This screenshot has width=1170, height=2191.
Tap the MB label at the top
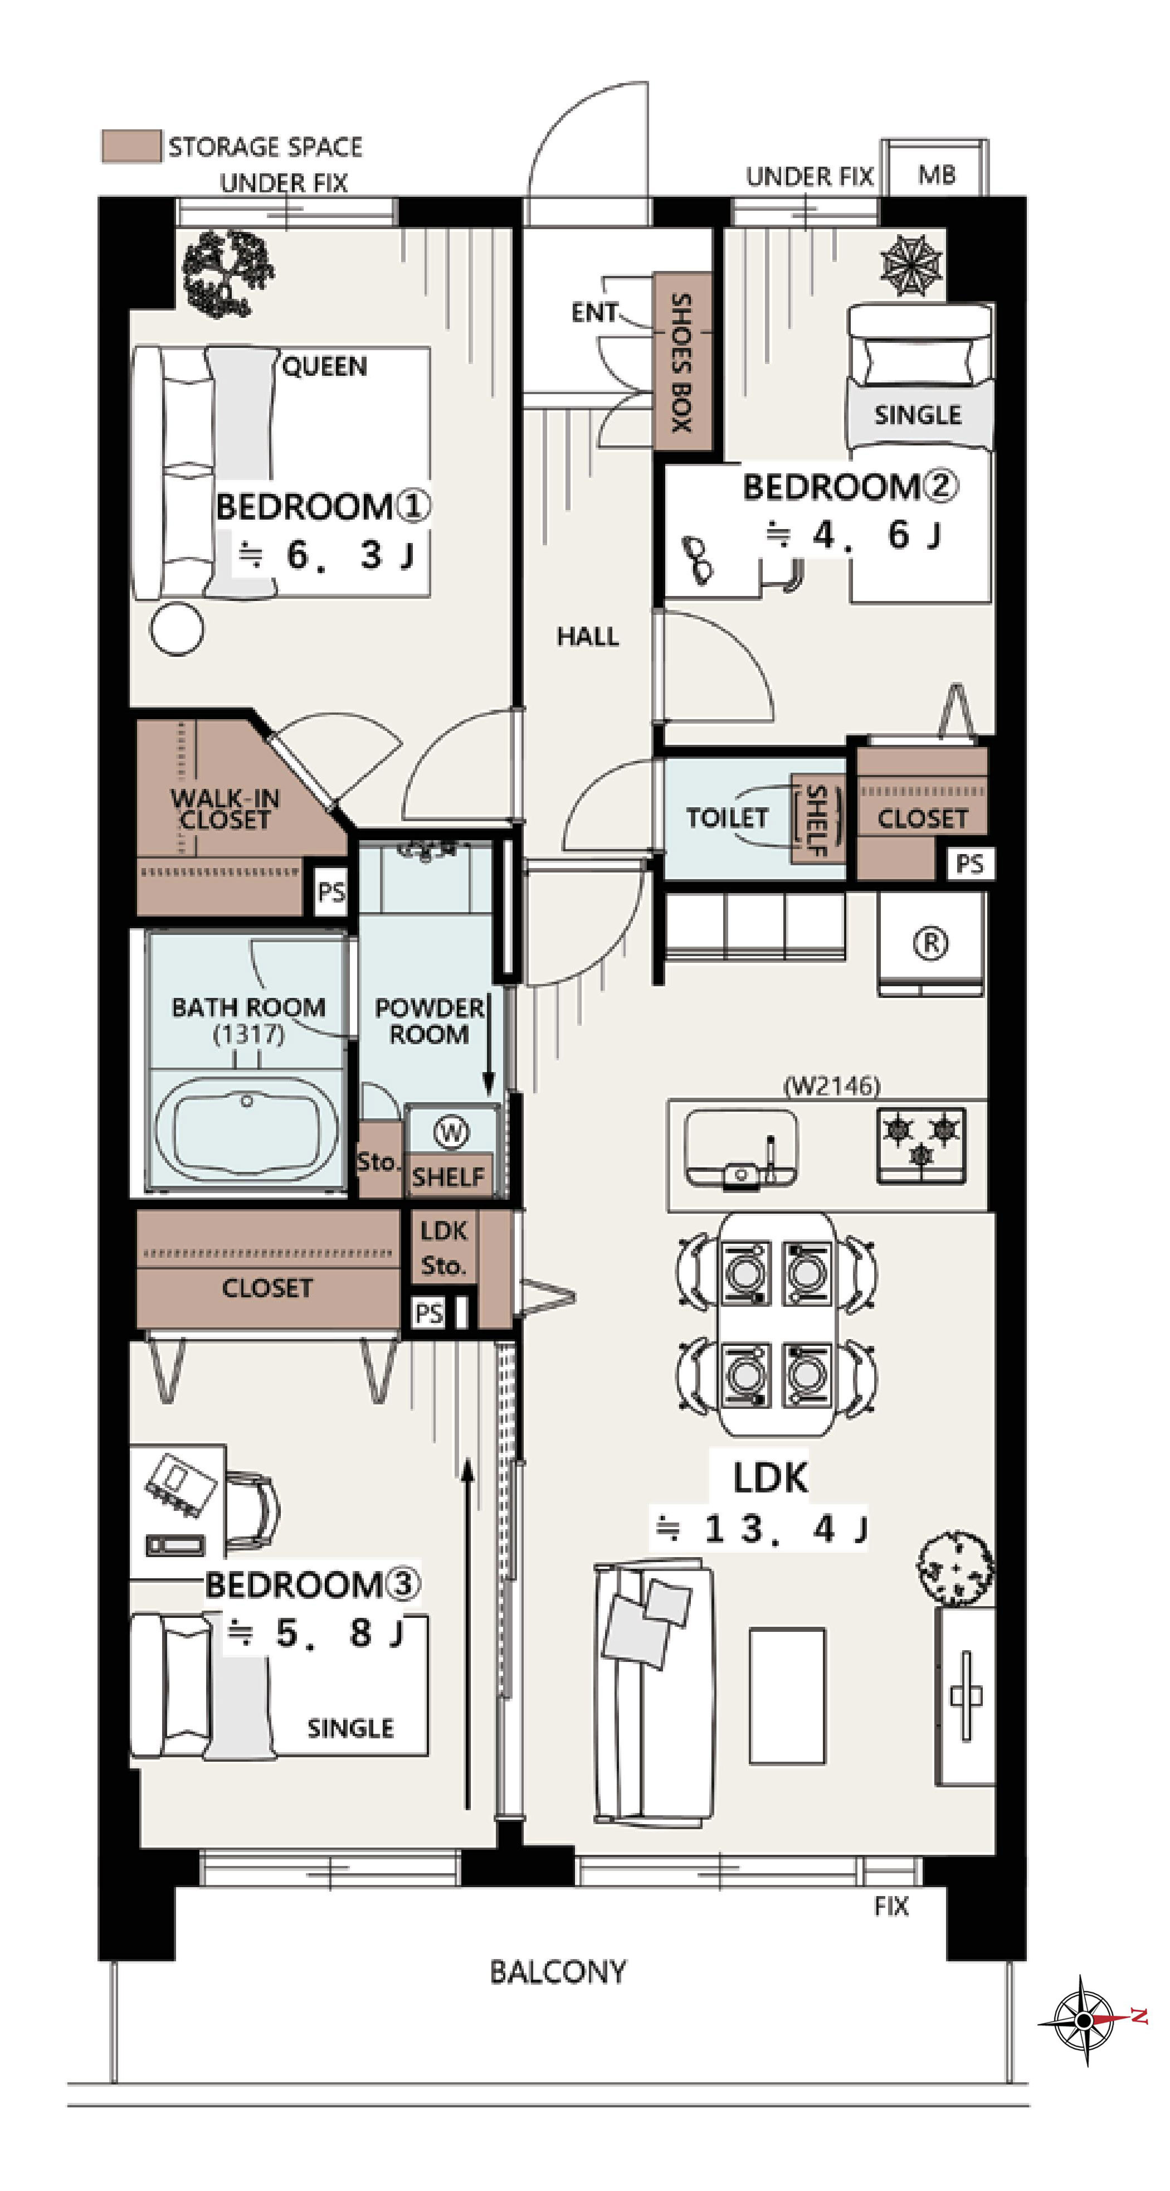click(x=936, y=175)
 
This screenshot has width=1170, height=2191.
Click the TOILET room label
click(x=727, y=817)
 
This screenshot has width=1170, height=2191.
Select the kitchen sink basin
click(x=740, y=1148)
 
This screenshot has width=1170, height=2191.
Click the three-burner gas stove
click(x=922, y=1145)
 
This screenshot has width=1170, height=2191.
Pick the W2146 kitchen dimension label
click(x=831, y=1085)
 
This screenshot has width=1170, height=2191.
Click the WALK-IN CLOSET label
click(x=225, y=809)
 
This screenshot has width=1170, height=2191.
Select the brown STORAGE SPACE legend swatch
click(x=130, y=146)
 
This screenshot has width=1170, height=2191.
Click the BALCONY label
click(x=558, y=1971)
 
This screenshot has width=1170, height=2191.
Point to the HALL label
click(x=588, y=636)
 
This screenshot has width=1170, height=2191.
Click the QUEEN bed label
click(x=325, y=367)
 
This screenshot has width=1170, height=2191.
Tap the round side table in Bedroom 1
click(x=177, y=629)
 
